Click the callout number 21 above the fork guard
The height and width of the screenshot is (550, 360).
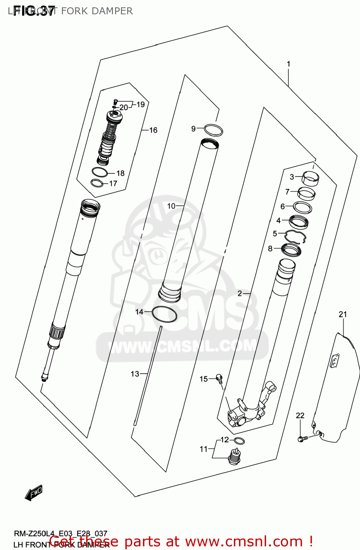pyautogui.click(x=342, y=314)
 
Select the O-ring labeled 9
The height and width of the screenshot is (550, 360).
pyautogui.click(x=213, y=130)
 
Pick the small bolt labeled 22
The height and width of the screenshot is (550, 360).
pyautogui.click(x=301, y=439)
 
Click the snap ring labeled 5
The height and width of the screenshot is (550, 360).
pyautogui.click(x=295, y=236)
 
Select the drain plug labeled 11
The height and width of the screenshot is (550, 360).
pyautogui.click(x=235, y=456)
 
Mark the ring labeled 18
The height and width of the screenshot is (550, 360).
pyautogui.click(x=99, y=172)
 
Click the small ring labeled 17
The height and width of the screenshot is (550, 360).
pyautogui.click(x=97, y=183)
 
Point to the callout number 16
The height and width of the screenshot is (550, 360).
pyautogui.click(x=153, y=130)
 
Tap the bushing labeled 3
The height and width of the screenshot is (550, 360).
pyautogui.click(x=310, y=178)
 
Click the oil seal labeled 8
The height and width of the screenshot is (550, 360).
pyautogui.click(x=291, y=250)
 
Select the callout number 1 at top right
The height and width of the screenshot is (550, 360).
pyautogui.click(x=289, y=64)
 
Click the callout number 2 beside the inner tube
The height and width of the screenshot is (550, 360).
pyautogui.click(x=240, y=293)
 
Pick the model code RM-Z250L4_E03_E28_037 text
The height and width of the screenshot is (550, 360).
pyautogui.click(x=60, y=533)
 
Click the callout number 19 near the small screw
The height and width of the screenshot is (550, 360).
pyautogui.click(x=141, y=104)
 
